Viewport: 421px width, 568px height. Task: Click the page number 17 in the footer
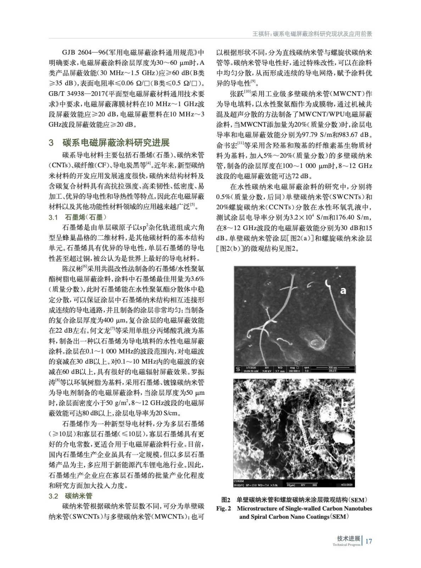coord(369,541)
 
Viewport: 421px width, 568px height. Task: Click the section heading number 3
coord(51,143)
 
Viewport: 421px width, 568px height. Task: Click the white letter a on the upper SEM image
coord(343,290)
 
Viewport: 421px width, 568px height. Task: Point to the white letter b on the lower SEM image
coord(343,404)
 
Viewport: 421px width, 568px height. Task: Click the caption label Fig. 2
coord(224,508)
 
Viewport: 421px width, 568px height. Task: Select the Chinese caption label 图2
coord(226,500)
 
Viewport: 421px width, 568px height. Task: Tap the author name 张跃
coord(236,94)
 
